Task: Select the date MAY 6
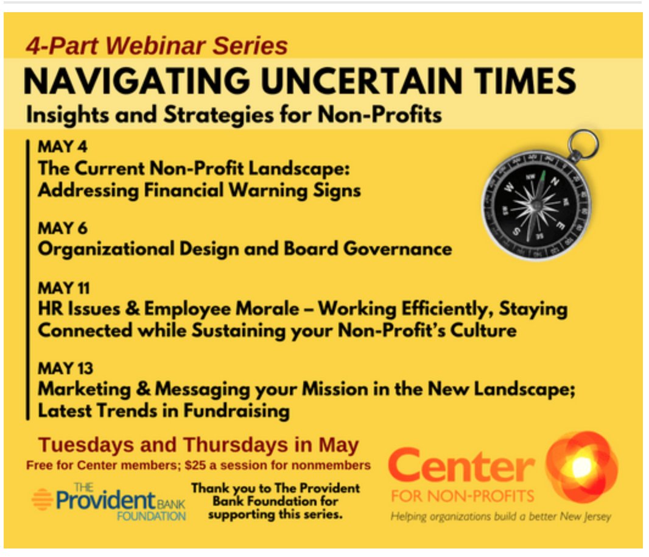pos(61,229)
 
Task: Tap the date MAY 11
pos(63,288)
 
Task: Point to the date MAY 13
pos(63,369)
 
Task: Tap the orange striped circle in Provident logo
pos(42,499)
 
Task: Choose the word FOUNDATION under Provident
pos(152,516)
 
